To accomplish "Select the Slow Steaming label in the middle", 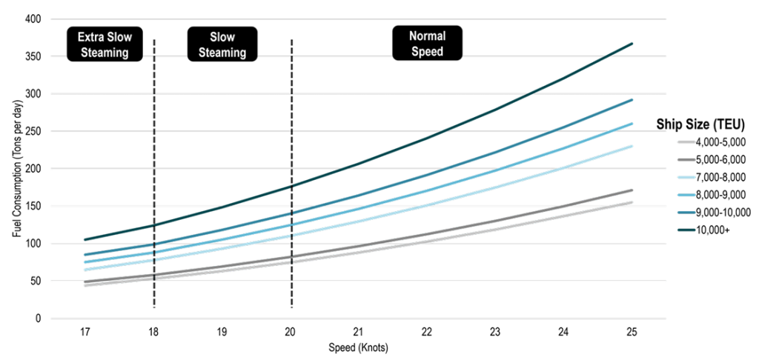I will click(x=222, y=44).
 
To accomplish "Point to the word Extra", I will click(x=91, y=36).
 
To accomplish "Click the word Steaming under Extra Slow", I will click(x=104, y=53).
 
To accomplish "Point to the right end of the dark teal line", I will click(x=632, y=44).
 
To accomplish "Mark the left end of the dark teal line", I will click(x=85, y=239).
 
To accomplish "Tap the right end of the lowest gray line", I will click(x=632, y=201).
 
